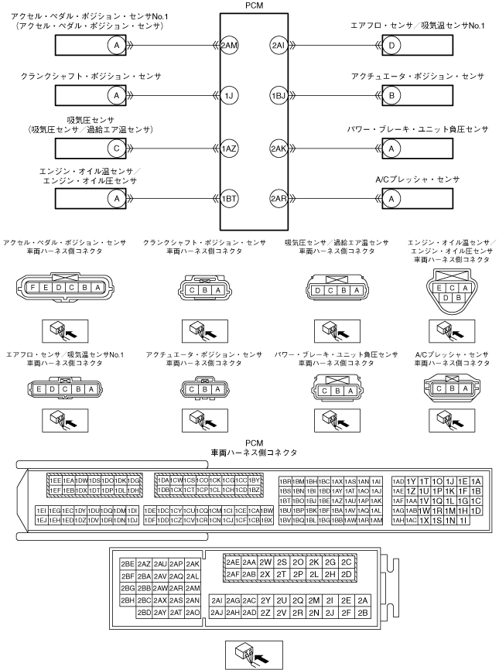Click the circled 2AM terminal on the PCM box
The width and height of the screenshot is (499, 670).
[x=230, y=46]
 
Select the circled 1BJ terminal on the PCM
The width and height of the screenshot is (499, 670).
[x=279, y=97]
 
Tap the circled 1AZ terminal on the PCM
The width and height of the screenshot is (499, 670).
[x=230, y=148]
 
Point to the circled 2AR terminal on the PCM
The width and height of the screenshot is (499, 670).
[x=279, y=198]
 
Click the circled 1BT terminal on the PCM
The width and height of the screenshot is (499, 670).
[x=230, y=198]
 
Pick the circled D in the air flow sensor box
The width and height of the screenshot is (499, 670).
[x=394, y=46]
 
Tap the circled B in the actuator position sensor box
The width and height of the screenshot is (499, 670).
[x=394, y=97]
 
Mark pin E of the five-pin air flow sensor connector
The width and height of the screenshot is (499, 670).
[x=40, y=389]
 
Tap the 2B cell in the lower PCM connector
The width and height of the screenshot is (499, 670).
[x=364, y=612]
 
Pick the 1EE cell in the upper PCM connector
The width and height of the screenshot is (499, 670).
[x=55, y=480]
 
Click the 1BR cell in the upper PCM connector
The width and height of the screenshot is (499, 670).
[x=285, y=480]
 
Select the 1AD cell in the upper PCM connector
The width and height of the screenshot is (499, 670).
[x=398, y=480]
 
